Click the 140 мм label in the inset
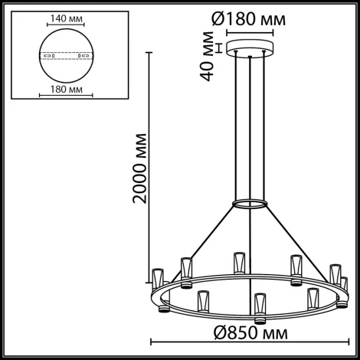pos(67,15)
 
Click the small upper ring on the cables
pos(250,204)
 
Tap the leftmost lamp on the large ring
pos(159,277)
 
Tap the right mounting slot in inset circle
pos(87,56)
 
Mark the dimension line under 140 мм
pos(67,24)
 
